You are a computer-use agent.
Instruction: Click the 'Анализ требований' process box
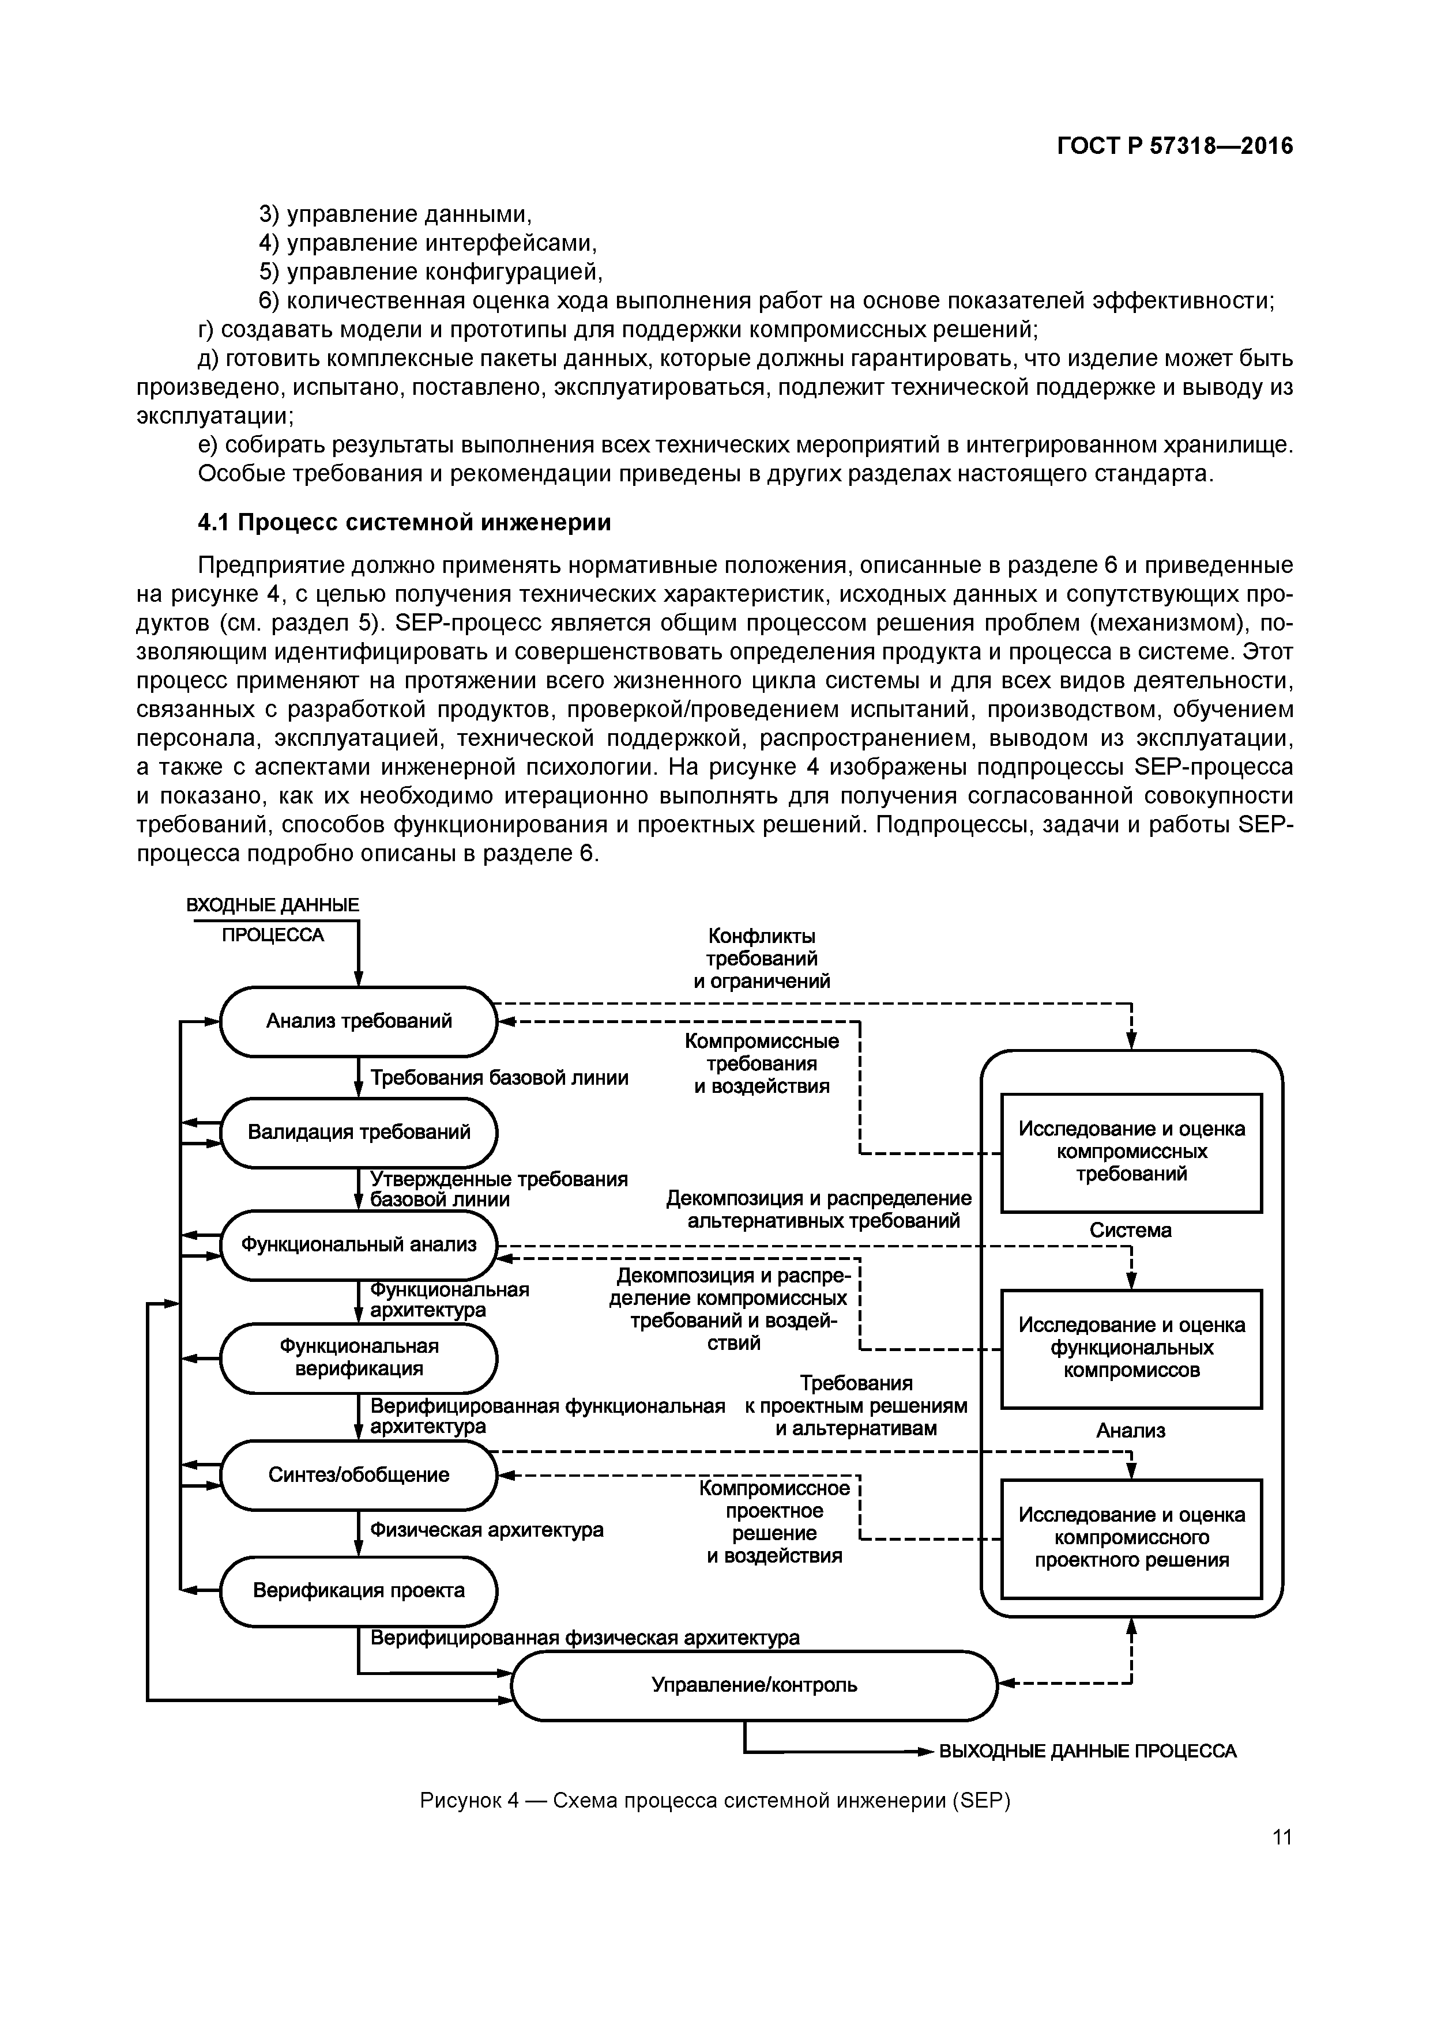pos(359,1021)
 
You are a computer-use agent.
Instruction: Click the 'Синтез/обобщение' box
pos(359,1474)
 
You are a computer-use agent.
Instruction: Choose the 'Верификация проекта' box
pos(359,1590)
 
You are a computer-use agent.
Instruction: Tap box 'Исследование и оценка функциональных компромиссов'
pos(1131,1348)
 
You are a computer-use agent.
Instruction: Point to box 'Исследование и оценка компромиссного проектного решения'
pos(1131,1538)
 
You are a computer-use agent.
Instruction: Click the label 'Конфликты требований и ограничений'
pos(761,958)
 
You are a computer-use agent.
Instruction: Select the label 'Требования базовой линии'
pos(499,1078)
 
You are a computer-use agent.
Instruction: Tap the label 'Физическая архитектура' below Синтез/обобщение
pos(486,1530)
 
